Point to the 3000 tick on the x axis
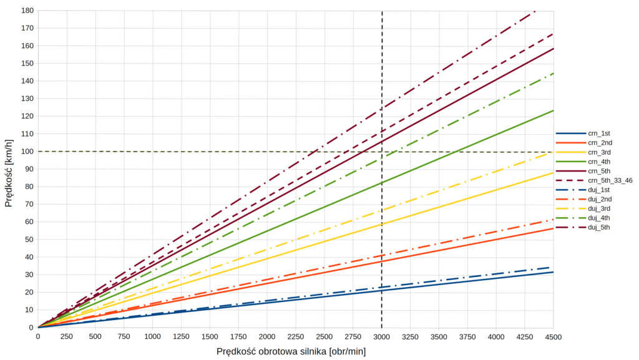tap(381, 337)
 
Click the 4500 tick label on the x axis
tap(554, 337)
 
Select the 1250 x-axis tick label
tap(181, 337)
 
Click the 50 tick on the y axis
tap(28, 240)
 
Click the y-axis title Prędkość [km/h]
tap(9, 169)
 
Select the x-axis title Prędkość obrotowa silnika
tap(291, 351)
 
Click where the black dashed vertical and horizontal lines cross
tap(381, 152)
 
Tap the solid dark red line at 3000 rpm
tap(381, 142)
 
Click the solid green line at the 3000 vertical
tap(381, 183)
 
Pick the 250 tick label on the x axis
tap(67, 337)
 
